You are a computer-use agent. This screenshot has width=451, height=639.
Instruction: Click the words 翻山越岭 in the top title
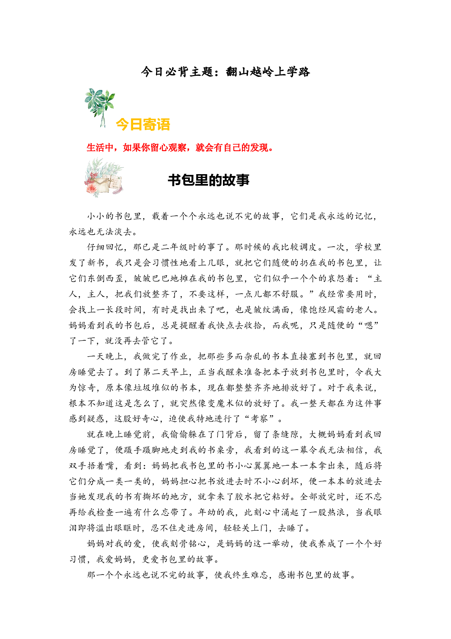[x=250, y=72]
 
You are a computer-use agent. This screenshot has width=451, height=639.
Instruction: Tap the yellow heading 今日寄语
[x=143, y=125]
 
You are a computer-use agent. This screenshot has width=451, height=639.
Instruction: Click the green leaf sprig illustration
[x=99, y=107]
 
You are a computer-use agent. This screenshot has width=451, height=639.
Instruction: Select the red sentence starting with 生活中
[x=180, y=148]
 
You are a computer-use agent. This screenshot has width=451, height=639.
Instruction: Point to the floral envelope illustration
[x=104, y=178]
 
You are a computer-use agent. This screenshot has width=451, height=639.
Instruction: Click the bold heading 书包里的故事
[x=208, y=180]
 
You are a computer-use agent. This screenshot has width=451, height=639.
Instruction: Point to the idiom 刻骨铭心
[x=189, y=544]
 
